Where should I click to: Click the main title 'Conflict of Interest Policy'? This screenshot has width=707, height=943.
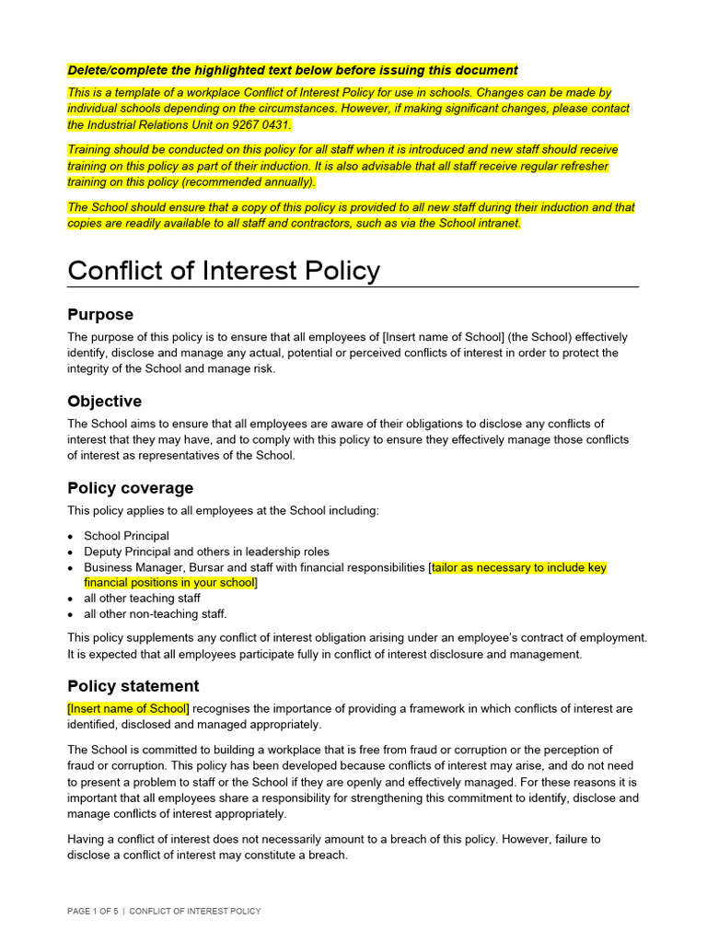pyautogui.click(x=224, y=271)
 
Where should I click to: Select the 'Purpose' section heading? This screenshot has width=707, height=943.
pyautogui.click(x=100, y=315)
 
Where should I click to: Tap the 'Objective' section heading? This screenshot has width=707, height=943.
pyautogui.click(x=104, y=402)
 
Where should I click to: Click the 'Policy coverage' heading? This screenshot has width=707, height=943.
pyautogui.click(x=130, y=488)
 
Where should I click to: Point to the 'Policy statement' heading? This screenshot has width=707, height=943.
pyautogui.click(x=133, y=686)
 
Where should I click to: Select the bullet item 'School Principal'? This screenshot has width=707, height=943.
pyautogui.click(x=126, y=536)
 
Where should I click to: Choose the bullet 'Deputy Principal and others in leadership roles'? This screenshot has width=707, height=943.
pyautogui.click(x=206, y=552)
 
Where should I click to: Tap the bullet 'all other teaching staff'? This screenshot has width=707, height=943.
pyautogui.click(x=142, y=599)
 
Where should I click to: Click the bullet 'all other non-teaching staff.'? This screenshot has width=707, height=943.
pyautogui.click(x=155, y=614)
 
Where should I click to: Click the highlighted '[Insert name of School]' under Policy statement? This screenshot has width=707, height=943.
pyautogui.click(x=128, y=709)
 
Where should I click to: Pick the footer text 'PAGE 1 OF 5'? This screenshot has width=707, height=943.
pyautogui.click(x=92, y=912)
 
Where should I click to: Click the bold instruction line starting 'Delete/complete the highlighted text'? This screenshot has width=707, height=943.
pyautogui.click(x=293, y=70)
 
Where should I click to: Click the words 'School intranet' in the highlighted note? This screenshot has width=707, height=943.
pyautogui.click(x=479, y=224)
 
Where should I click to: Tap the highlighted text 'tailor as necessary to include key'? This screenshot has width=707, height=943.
pyautogui.click(x=519, y=568)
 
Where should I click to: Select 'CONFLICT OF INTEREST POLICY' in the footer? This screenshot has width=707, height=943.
pyautogui.click(x=195, y=912)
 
